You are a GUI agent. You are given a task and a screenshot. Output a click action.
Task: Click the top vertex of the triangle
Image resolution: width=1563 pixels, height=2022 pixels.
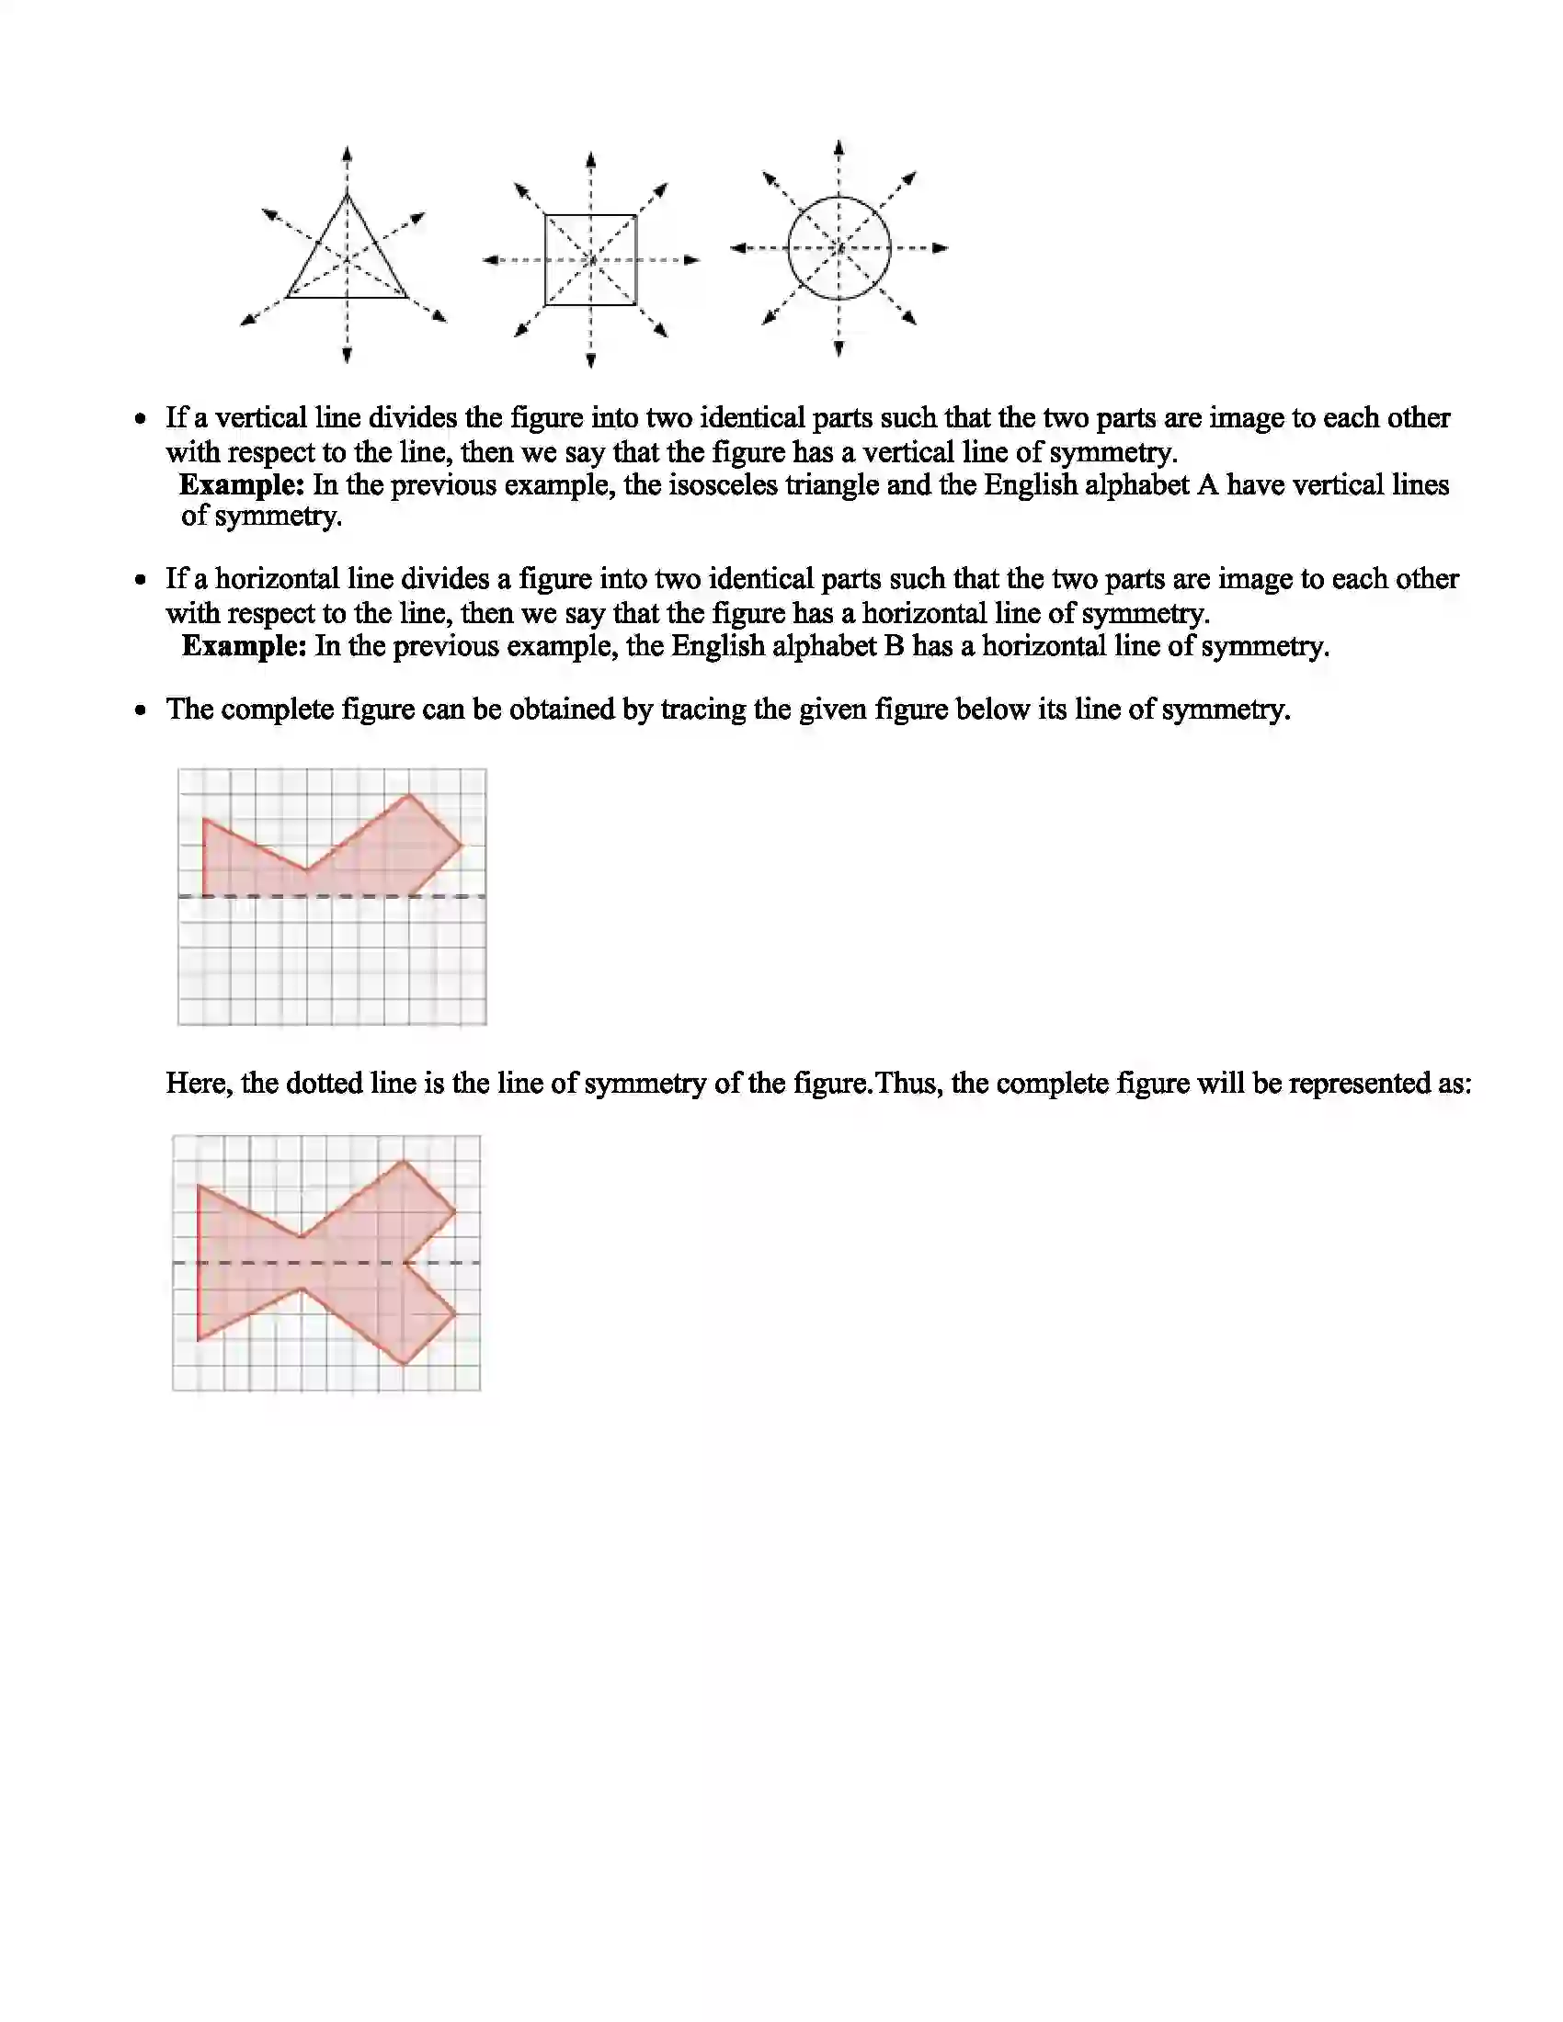click(x=347, y=194)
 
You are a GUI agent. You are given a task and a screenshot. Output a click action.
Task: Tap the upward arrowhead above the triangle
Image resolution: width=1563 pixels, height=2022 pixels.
click(x=347, y=153)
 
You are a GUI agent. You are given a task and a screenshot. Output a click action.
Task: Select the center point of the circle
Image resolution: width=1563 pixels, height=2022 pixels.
click(x=839, y=248)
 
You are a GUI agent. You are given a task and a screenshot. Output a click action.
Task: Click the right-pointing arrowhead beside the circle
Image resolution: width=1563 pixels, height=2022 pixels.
click(x=941, y=248)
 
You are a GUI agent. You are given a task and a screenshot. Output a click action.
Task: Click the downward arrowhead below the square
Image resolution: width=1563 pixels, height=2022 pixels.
click(x=591, y=360)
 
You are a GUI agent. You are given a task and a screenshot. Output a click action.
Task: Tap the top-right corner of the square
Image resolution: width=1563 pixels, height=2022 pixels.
click(x=636, y=216)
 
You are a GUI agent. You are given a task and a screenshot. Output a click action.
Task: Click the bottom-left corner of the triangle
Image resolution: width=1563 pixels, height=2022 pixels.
click(x=287, y=297)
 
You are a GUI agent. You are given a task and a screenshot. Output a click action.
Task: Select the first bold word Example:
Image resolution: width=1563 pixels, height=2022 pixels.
click(x=241, y=484)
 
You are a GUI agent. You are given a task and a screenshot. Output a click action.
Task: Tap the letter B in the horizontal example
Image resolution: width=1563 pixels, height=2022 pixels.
click(x=894, y=645)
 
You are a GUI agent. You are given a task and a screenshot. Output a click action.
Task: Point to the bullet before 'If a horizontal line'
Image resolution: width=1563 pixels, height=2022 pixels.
click(x=141, y=581)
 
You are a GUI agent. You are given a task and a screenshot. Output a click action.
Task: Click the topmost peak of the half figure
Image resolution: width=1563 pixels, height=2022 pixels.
click(x=409, y=795)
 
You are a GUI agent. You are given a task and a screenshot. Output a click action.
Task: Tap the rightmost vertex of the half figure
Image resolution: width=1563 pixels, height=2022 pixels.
click(x=462, y=845)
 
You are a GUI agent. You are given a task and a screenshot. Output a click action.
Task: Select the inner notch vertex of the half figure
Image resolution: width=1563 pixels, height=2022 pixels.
click(x=306, y=870)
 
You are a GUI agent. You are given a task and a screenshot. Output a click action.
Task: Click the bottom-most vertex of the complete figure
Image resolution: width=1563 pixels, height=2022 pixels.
click(x=404, y=1364)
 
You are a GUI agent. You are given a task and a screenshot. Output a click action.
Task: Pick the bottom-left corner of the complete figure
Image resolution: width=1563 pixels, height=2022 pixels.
click(x=200, y=1339)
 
